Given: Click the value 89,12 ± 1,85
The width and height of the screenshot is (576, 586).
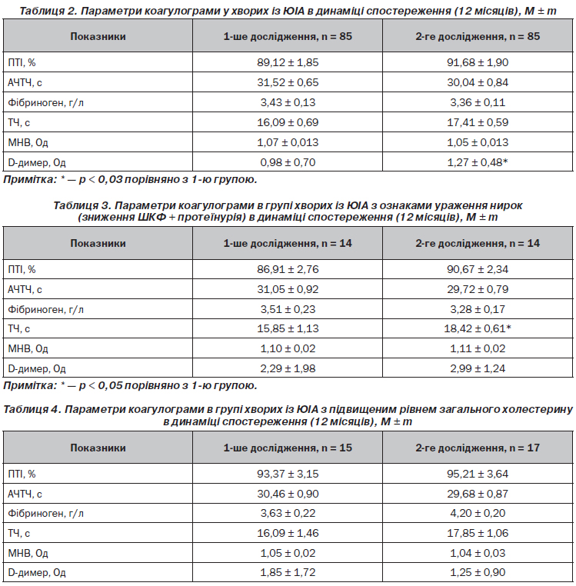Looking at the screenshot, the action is tap(288, 62).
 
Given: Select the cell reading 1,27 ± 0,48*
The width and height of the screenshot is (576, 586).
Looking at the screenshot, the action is tap(478, 162).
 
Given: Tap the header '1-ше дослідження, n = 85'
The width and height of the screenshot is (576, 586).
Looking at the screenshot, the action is tap(288, 36).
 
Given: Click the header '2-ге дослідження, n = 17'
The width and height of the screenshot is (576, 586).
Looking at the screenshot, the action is tap(478, 448).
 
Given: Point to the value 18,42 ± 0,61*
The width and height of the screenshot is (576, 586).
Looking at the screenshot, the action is tap(478, 328).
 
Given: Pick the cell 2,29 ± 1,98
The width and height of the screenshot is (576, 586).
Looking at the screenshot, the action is tap(288, 368).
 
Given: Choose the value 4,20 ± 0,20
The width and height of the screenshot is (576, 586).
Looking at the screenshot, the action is tap(478, 513).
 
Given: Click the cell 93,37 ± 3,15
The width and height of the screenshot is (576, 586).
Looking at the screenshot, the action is tap(288, 474).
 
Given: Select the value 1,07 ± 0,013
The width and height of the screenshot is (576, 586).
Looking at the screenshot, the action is tap(288, 142).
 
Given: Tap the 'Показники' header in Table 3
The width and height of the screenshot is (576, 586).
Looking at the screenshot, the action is tap(98, 243).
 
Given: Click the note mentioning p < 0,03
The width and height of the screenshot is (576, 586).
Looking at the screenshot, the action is tap(130, 180).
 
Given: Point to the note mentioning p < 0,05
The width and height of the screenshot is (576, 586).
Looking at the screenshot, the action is tap(130, 385).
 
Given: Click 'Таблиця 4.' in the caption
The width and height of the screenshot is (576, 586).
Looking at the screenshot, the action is tap(32, 410).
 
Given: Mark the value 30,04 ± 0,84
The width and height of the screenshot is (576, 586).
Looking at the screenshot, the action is tap(478, 82).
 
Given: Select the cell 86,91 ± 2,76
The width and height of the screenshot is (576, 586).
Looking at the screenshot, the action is tap(288, 269).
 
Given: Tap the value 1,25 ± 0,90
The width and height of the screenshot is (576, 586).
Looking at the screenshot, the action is tap(478, 573).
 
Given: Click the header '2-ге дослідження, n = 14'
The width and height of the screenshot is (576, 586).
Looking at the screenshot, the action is tap(478, 243).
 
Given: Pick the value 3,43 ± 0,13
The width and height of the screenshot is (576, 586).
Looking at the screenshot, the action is tap(288, 102).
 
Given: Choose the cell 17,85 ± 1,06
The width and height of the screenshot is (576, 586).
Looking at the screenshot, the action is tap(478, 533).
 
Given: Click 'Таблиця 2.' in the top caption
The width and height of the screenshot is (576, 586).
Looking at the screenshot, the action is tap(48, 11).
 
